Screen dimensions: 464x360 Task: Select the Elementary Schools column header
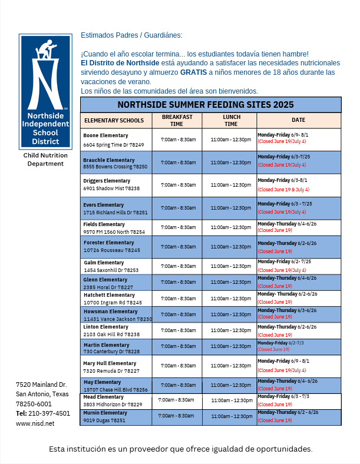(x=114, y=121)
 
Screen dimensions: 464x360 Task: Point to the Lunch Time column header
(x=231, y=121)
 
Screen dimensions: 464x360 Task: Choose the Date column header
(x=298, y=120)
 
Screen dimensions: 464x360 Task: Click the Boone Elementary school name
(x=105, y=135)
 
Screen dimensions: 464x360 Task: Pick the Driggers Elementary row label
(x=107, y=181)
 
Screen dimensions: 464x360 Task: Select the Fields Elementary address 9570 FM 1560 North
(x=114, y=232)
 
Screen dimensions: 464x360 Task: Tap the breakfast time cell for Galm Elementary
(x=178, y=266)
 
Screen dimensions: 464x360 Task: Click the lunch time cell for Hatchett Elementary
(x=230, y=299)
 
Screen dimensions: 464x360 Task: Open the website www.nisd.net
(x=35, y=423)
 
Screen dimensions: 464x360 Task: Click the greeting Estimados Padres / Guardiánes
(x=131, y=35)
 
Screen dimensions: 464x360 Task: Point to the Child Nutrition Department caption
(x=45, y=159)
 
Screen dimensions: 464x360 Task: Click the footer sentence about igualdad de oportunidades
(x=180, y=449)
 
